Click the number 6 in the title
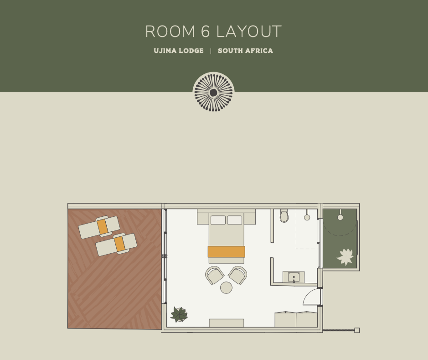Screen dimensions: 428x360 click(x=205, y=31)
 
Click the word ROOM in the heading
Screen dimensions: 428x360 click(x=170, y=31)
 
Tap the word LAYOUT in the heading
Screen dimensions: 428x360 click(x=249, y=31)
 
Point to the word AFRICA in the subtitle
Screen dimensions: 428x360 click(x=259, y=51)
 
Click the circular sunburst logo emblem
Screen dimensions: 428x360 click(x=213, y=92)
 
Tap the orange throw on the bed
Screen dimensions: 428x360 click(x=226, y=251)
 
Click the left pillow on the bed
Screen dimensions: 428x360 click(x=218, y=220)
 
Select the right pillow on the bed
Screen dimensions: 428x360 click(x=235, y=220)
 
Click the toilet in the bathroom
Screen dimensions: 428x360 click(x=284, y=216)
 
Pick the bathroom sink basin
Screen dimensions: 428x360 click(x=294, y=277)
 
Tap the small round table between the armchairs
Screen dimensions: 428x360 click(x=226, y=287)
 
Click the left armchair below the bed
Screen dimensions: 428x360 click(x=215, y=275)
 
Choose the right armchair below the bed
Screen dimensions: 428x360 click(x=238, y=275)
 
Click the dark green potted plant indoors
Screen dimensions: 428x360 click(x=179, y=314)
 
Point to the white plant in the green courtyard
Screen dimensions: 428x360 click(x=345, y=257)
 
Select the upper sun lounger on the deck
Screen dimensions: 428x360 click(x=99, y=227)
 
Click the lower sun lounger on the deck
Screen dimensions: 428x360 click(x=116, y=245)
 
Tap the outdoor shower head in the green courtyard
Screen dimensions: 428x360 click(x=340, y=217)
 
